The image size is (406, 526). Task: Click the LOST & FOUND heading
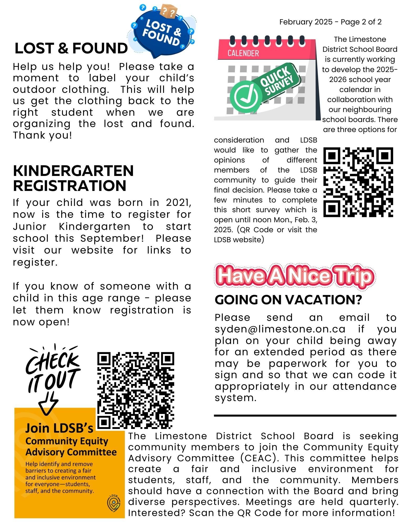(71, 48)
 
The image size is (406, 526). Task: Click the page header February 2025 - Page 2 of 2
(330, 22)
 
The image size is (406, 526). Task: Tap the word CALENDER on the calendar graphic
(243, 53)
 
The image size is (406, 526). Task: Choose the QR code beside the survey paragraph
(358, 182)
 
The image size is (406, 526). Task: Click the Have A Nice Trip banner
(295, 276)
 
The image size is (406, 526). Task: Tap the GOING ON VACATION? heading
(288, 300)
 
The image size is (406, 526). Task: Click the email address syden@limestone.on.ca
(280, 329)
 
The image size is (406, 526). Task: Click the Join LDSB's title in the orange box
(59, 428)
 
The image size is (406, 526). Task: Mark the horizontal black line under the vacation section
(305, 416)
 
